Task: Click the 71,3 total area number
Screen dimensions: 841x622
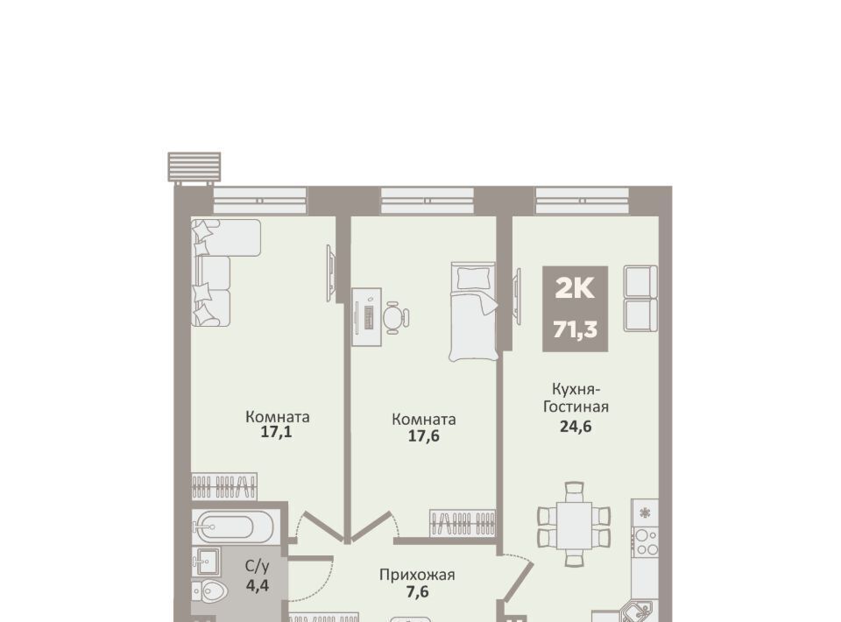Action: (x=575, y=329)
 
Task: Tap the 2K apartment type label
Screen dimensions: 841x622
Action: (x=575, y=289)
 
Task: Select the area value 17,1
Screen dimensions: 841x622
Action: (x=276, y=433)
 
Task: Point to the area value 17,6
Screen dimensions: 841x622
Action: (x=424, y=435)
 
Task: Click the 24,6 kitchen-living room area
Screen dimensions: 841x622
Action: (x=576, y=427)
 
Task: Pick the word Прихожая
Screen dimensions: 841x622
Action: (x=417, y=576)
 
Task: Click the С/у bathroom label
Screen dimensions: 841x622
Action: (x=258, y=566)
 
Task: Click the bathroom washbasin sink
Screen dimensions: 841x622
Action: (x=207, y=562)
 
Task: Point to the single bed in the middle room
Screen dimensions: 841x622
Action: (x=472, y=312)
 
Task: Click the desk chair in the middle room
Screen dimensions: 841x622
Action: (x=396, y=317)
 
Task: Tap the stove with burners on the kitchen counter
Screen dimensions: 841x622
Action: (x=646, y=542)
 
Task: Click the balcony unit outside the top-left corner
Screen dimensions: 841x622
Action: (x=194, y=168)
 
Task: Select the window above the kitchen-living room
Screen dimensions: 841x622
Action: (x=582, y=201)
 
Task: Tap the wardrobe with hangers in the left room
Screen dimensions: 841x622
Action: (x=224, y=487)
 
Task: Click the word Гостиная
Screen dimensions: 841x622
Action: (x=576, y=406)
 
